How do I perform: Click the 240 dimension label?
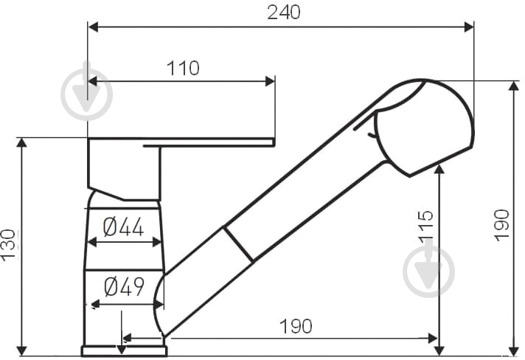tap(284, 13)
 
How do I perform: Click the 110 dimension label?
tap(183, 68)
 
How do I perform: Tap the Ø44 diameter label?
tap(123, 226)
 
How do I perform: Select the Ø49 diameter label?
tap(124, 287)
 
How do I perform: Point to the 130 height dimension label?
tap(8, 243)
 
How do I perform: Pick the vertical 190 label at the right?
tap(501, 225)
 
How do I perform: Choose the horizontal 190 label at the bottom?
tap(296, 326)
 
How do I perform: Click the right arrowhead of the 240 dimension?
tap(469, 27)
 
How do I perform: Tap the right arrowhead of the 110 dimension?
tap(270, 81)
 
